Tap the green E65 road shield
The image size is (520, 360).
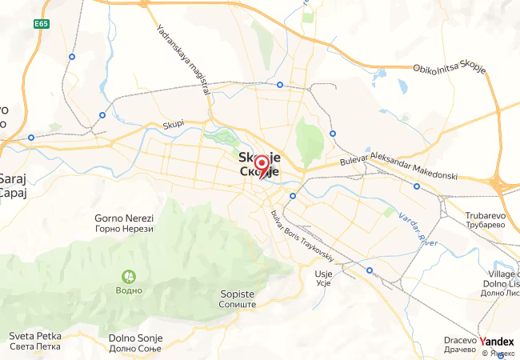pyautogui.click(x=42, y=25)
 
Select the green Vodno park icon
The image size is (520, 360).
pyautogui.click(x=128, y=276)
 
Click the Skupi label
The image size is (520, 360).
pyautogui.click(x=174, y=124)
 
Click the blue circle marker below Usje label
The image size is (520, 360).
pyautogui.click(x=369, y=270)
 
